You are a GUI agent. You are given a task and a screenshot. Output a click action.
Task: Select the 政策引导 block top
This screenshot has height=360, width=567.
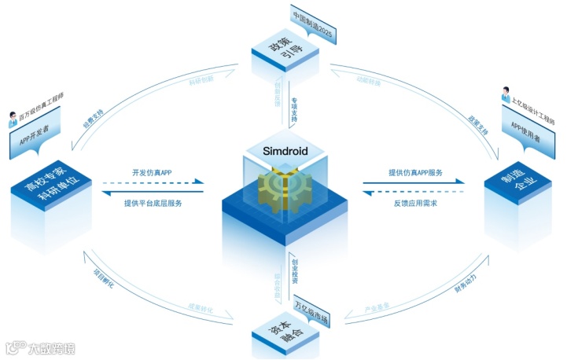[x=285, y=49]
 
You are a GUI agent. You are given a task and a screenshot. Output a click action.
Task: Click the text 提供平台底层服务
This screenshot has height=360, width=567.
[x=153, y=203]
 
